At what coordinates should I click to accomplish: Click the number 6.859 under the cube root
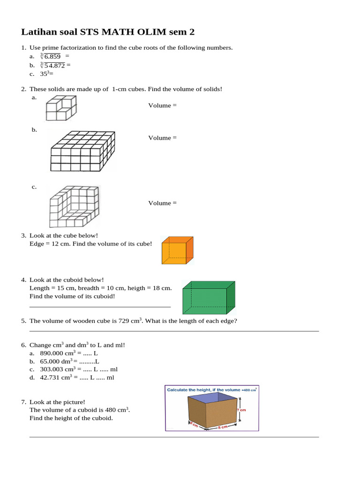52,57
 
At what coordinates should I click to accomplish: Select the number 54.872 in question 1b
54,66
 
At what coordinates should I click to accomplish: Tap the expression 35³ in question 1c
45,74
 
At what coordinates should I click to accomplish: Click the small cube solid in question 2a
61,108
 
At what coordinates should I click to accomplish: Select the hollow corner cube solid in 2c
75,206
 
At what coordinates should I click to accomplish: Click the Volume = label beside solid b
163,138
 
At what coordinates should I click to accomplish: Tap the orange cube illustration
178,250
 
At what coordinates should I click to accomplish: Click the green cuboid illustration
209,298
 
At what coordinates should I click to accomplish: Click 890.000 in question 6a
52,353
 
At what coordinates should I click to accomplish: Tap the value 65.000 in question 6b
50,361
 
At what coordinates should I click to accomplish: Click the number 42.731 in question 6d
50,378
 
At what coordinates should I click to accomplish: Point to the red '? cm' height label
241,410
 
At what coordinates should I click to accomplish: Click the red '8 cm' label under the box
223,427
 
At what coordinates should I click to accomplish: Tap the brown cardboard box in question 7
212,411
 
